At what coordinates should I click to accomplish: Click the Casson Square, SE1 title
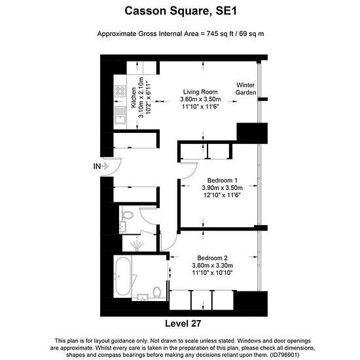(181, 11)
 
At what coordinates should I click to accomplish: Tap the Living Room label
(200, 92)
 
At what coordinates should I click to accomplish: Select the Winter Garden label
(245, 88)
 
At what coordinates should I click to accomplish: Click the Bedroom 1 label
(223, 180)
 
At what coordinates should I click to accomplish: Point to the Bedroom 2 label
(212, 258)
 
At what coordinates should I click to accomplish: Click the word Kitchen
(134, 98)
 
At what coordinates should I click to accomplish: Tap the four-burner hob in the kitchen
(120, 91)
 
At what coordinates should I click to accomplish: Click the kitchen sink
(120, 115)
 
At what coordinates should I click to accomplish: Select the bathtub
(122, 276)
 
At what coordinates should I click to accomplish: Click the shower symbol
(137, 245)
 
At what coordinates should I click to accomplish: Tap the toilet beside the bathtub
(157, 293)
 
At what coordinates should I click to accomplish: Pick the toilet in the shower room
(128, 215)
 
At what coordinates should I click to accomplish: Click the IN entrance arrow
(105, 166)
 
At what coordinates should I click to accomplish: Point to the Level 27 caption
(183, 323)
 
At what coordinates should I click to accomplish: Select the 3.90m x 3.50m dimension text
(223, 188)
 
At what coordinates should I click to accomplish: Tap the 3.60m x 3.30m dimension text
(212, 265)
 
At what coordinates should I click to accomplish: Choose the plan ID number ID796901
(285, 354)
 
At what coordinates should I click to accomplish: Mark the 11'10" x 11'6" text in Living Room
(200, 107)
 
